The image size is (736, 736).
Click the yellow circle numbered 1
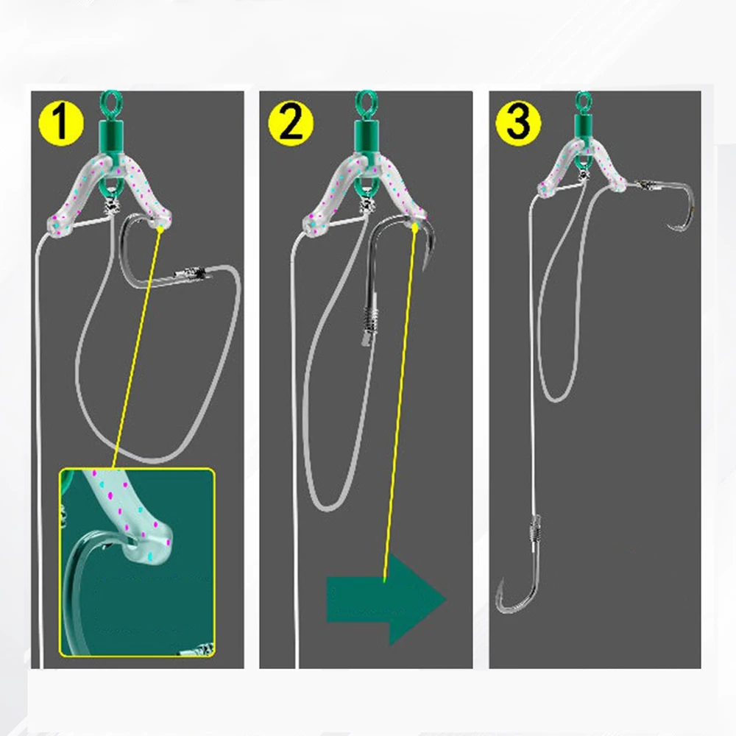(x=60, y=123)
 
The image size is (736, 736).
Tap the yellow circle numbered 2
(x=291, y=123)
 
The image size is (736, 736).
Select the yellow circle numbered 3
(x=518, y=123)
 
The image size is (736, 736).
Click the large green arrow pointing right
(x=386, y=599)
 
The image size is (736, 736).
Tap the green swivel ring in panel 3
(x=584, y=100)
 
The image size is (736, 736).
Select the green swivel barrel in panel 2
(x=365, y=134)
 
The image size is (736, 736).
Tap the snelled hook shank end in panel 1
(x=189, y=272)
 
